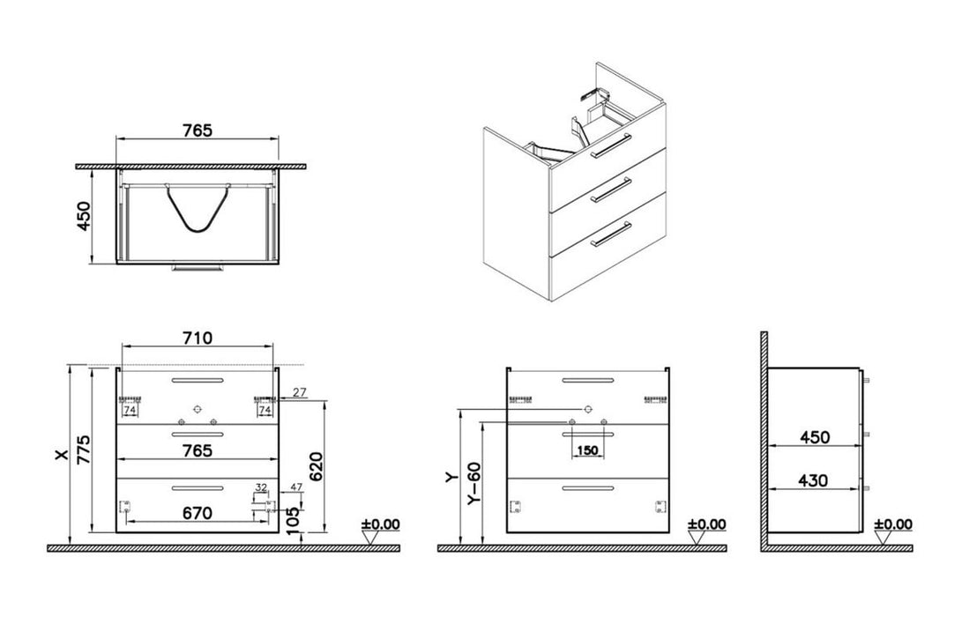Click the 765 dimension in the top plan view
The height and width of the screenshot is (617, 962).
pyautogui.click(x=198, y=130)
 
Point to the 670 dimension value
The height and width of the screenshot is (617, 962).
pyautogui.click(x=198, y=514)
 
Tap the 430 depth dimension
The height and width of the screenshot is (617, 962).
pyautogui.click(x=813, y=481)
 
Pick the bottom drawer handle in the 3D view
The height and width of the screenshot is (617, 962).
pyautogui.click(x=611, y=234)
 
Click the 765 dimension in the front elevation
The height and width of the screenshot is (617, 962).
pyautogui.click(x=198, y=450)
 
